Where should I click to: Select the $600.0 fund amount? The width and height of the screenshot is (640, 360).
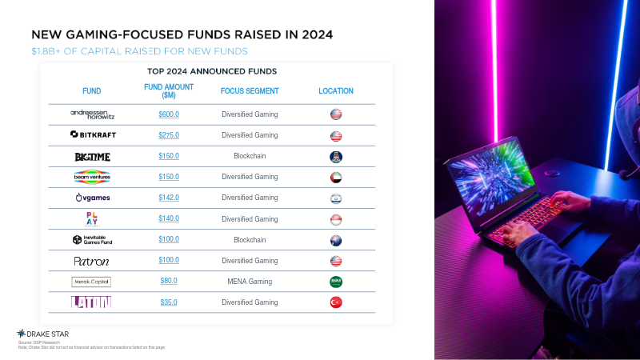(x=169, y=114)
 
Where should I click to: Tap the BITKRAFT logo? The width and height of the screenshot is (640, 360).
(x=93, y=135)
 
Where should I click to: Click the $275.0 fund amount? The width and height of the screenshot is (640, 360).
(x=169, y=135)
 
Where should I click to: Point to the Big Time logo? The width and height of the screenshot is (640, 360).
(x=92, y=156)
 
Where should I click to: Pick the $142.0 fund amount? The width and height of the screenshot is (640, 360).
(x=169, y=198)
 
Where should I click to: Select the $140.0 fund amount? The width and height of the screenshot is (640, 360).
(x=169, y=218)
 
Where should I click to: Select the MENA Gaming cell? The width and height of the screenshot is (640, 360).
(x=250, y=282)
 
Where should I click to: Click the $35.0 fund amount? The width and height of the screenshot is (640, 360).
(x=169, y=302)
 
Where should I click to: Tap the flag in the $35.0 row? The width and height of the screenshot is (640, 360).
(x=336, y=302)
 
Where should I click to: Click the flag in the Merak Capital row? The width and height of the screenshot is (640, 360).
(x=336, y=282)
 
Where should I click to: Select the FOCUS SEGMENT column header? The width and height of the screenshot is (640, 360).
(x=250, y=91)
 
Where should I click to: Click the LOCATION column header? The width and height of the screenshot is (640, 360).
(x=336, y=91)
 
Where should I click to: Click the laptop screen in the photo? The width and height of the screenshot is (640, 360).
(x=497, y=180)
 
